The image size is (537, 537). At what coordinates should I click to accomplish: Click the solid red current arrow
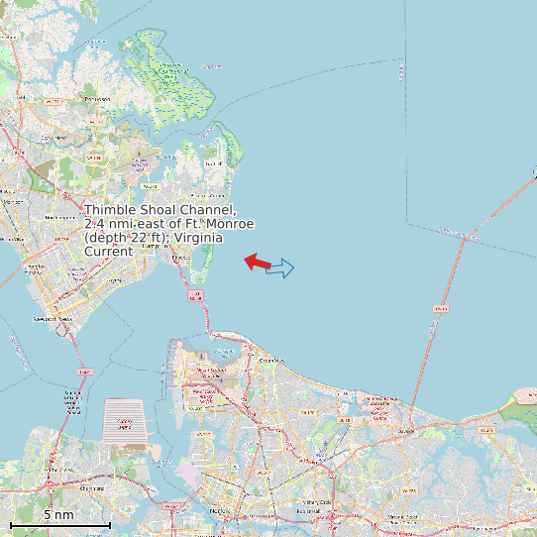(x=258, y=262)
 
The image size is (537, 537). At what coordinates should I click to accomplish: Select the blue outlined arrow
(x=280, y=268)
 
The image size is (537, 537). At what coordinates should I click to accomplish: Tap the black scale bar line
(x=59, y=524)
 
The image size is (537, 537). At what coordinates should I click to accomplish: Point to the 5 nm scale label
(x=58, y=514)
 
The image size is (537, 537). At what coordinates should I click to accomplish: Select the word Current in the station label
(x=108, y=252)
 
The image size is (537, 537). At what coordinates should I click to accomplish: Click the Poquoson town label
(x=97, y=99)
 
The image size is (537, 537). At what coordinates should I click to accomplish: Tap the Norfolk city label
(x=220, y=510)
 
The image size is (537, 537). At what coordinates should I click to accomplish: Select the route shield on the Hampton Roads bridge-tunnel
(x=196, y=295)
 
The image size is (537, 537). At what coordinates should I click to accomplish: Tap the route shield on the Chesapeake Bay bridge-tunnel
(x=440, y=308)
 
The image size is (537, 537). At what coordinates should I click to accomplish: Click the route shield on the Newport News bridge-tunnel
(x=83, y=372)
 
